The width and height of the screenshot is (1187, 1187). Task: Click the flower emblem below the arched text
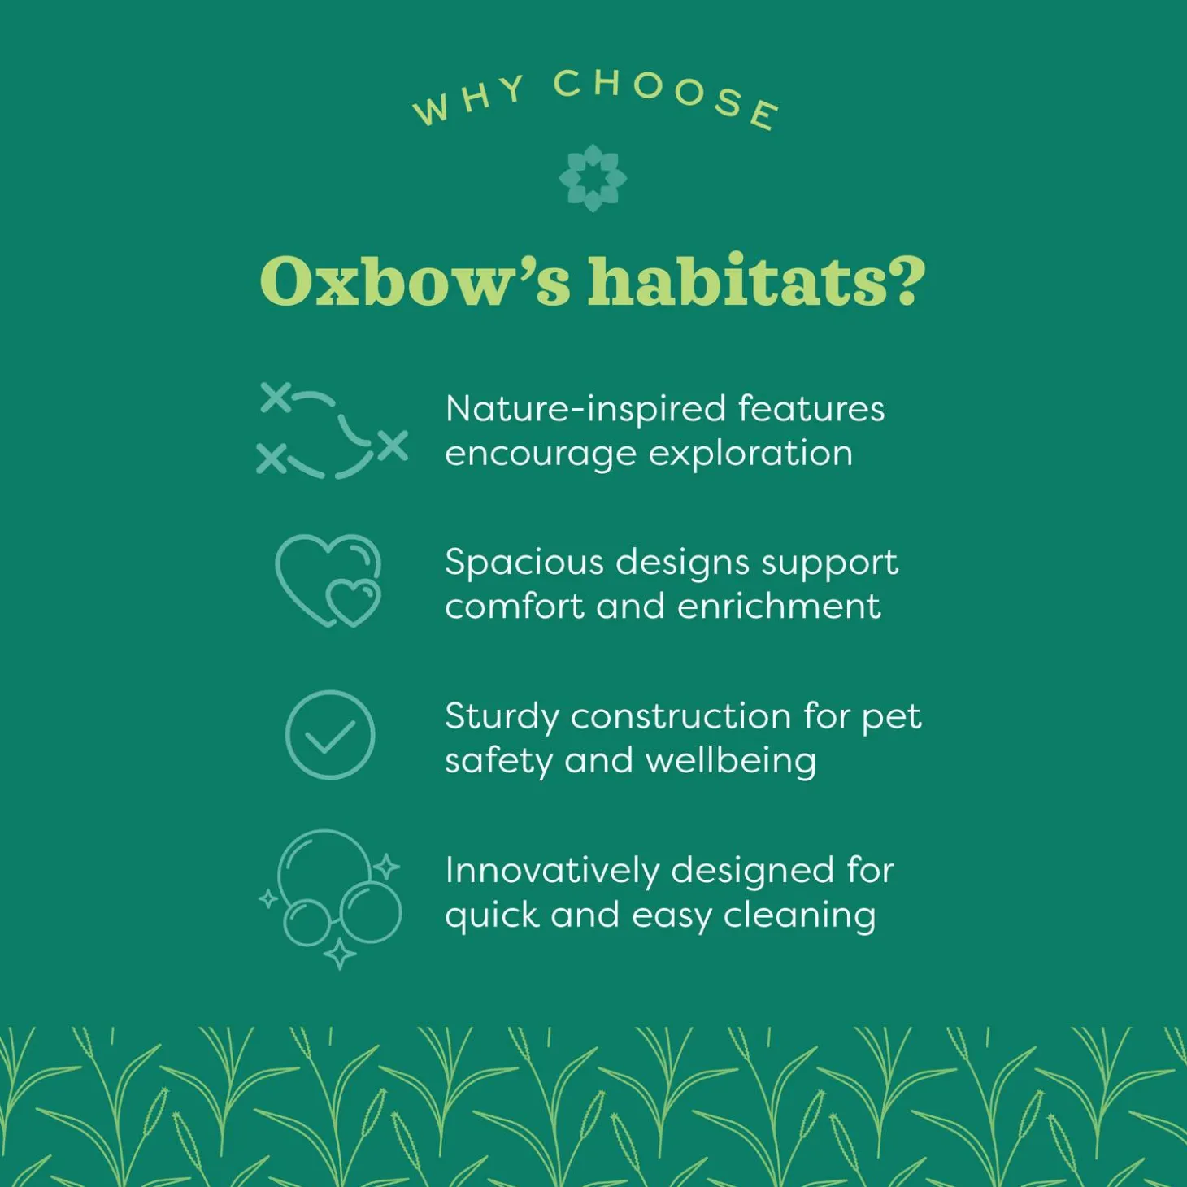(x=593, y=178)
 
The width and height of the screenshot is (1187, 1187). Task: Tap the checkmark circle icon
(x=330, y=734)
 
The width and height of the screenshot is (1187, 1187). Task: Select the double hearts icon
(x=328, y=580)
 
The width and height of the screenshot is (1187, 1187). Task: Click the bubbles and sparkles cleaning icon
(x=330, y=899)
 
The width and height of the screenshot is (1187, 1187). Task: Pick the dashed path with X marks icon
(x=332, y=431)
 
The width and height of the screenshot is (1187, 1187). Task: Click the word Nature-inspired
(x=585, y=410)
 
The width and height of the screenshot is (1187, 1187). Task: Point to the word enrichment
(x=779, y=607)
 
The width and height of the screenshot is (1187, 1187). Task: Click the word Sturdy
(x=502, y=718)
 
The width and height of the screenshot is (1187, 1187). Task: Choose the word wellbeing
(x=731, y=761)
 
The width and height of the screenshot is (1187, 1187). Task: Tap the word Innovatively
(x=552, y=871)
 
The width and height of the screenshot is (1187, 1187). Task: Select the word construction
(x=680, y=716)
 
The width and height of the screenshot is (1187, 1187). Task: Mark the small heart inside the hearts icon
(x=352, y=602)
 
